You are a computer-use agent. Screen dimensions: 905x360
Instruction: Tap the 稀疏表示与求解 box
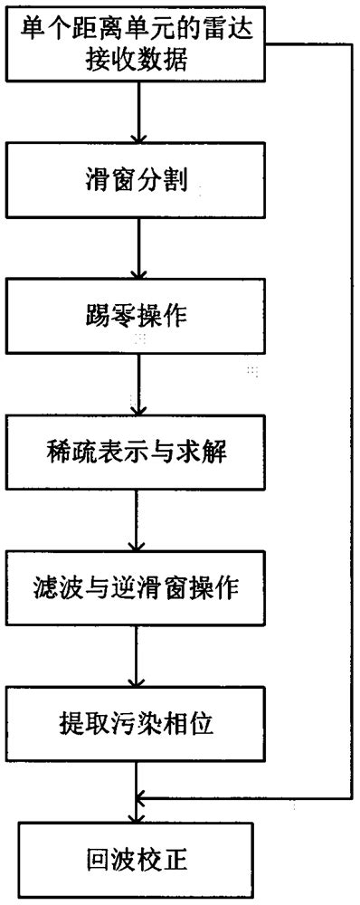[137, 450]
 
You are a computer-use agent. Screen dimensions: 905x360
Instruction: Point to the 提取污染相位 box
[137, 723]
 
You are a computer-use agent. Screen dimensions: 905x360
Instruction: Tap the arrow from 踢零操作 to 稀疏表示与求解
[137, 384]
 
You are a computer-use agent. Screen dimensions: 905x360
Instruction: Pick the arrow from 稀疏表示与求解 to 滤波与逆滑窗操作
[137, 519]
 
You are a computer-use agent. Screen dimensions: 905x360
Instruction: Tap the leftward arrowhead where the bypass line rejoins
[142, 797]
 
